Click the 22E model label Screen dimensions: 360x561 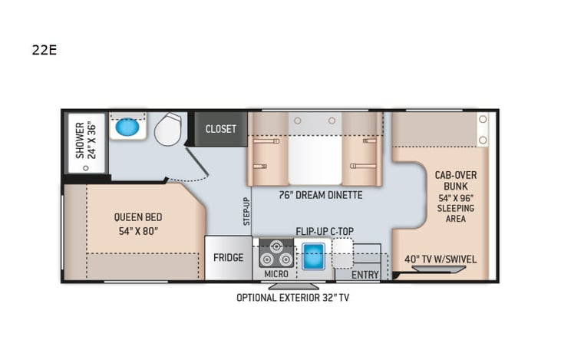click(x=45, y=51)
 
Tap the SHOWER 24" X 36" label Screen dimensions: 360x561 click(x=85, y=140)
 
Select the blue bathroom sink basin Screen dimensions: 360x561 click(x=127, y=127)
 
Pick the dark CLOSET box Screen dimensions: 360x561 click(x=221, y=129)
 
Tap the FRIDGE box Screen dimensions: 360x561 click(x=228, y=258)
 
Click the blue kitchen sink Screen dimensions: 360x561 click(x=313, y=255)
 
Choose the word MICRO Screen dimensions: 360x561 click(x=276, y=274)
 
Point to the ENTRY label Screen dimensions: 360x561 click(x=365, y=274)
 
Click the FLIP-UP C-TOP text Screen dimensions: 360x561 click(x=326, y=230)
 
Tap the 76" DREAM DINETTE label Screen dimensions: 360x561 click(x=320, y=195)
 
